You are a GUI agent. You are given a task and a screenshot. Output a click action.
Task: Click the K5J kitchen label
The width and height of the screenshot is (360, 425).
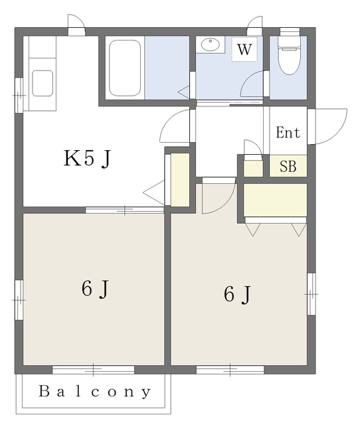coord(87,159)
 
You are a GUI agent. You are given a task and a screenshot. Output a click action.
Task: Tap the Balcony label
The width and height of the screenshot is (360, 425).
coord(94,391)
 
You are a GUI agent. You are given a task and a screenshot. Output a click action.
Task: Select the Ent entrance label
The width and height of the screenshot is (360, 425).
coord(288,133)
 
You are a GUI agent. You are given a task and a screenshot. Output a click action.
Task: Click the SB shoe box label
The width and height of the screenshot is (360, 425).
coord(288,166)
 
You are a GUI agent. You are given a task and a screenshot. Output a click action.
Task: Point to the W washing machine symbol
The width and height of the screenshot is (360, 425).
coord(244,49)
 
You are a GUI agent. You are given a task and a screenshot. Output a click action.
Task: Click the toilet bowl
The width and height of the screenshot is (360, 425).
coord(289,60)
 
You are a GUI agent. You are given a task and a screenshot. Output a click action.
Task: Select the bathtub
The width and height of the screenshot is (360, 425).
coord(125,68)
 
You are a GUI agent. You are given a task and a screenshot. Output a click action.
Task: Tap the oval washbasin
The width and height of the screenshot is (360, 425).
coord(211,44)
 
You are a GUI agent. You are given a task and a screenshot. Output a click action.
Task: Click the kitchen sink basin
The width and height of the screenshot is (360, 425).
coord(43,83)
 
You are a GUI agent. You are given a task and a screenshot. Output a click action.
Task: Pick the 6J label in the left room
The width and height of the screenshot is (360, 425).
coord(95,289)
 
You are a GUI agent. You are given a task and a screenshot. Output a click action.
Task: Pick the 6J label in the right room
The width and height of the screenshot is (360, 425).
coord(237,294)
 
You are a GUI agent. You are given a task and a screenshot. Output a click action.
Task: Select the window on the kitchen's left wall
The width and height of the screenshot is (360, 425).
coord(19,95)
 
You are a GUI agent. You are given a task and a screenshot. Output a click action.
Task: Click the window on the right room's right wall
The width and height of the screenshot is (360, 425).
coord(312,294)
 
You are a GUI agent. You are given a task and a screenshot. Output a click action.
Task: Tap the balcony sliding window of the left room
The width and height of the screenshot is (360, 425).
coord(93,370)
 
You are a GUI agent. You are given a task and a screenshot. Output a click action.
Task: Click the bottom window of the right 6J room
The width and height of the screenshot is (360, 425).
coord(230,370)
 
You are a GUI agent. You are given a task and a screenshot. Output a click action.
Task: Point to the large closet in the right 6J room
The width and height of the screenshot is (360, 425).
coord(275,200)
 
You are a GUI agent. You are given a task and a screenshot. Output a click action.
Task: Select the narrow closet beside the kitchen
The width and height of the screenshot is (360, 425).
coord(180,179)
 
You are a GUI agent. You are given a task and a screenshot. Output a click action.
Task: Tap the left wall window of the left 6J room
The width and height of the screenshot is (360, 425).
coord(19,300)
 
